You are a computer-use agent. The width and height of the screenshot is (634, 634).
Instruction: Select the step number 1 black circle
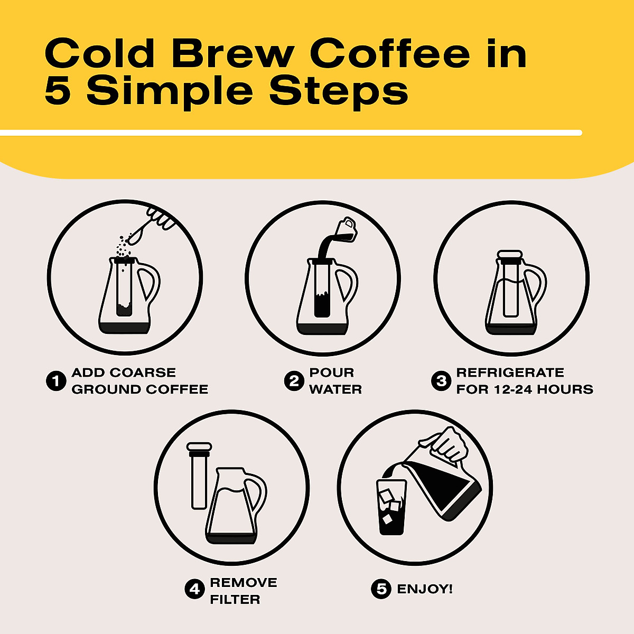55,381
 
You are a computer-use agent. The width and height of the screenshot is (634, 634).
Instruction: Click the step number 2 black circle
293,381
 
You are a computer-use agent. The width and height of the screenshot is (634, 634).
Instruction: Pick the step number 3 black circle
441,381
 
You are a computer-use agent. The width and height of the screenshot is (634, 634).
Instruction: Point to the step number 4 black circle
194,589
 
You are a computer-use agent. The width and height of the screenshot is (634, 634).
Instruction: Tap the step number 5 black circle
381,589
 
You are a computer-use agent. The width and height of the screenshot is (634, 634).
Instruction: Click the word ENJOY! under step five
425,589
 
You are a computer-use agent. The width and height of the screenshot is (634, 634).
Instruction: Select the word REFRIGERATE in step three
510,372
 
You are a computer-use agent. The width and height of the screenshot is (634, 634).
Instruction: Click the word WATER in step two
335,389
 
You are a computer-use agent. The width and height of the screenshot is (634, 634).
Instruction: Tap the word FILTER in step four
235,600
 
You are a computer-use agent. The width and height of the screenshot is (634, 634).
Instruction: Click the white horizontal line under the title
291,133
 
